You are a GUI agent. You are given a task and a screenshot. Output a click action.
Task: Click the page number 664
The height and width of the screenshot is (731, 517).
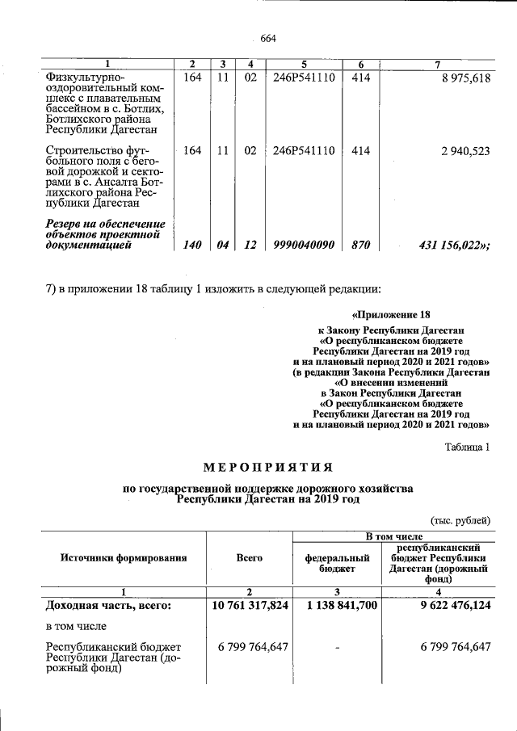coord(268,38)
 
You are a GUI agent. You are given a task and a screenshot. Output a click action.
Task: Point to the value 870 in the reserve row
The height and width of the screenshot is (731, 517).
coord(361,246)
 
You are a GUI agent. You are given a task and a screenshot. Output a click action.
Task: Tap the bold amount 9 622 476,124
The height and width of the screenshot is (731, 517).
coord(444,605)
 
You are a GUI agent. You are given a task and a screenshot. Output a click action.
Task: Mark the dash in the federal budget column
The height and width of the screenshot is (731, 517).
coord(337,647)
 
